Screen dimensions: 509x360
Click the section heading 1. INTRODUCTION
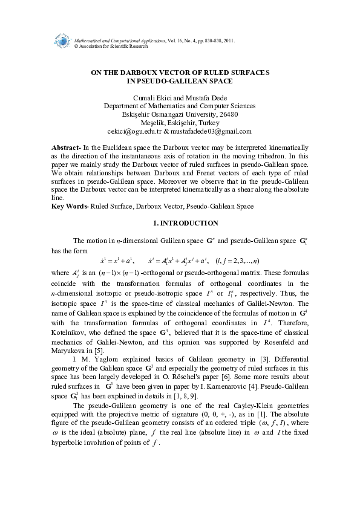pyautogui.click(x=180, y=223)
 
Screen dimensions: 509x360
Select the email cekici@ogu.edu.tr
pyautogui.click(x=132, y=131)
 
